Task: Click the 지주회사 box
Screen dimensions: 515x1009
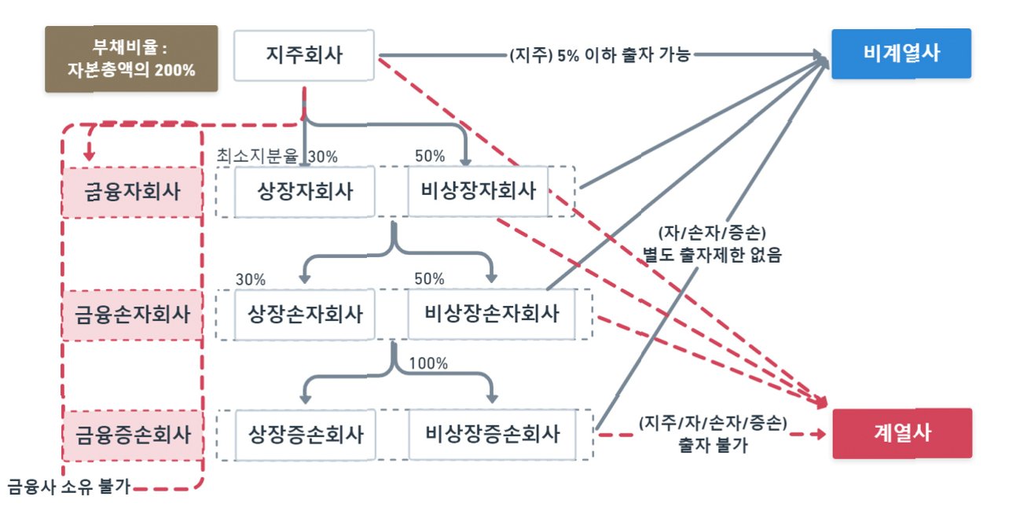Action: (x=303, y=55)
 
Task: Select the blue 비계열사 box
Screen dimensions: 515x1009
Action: (x=901, y=53)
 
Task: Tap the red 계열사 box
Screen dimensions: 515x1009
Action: (x=901, y=432)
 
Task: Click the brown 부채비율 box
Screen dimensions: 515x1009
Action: (x=131, y=59)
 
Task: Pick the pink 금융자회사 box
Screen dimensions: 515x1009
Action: (x=131, y=192)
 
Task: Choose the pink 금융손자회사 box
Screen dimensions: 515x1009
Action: (x=131, y=315)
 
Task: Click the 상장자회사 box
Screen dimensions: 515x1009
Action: (x=305, y=191)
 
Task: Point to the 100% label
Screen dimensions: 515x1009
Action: (x=429, y=363)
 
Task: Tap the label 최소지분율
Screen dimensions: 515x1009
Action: (x=261, y=156)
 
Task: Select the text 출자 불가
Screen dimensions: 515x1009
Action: (x=712, y=445)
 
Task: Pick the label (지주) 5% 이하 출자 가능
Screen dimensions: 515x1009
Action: (x=600, y=56)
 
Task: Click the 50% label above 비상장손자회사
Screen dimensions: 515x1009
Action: (x=430, y=278)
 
